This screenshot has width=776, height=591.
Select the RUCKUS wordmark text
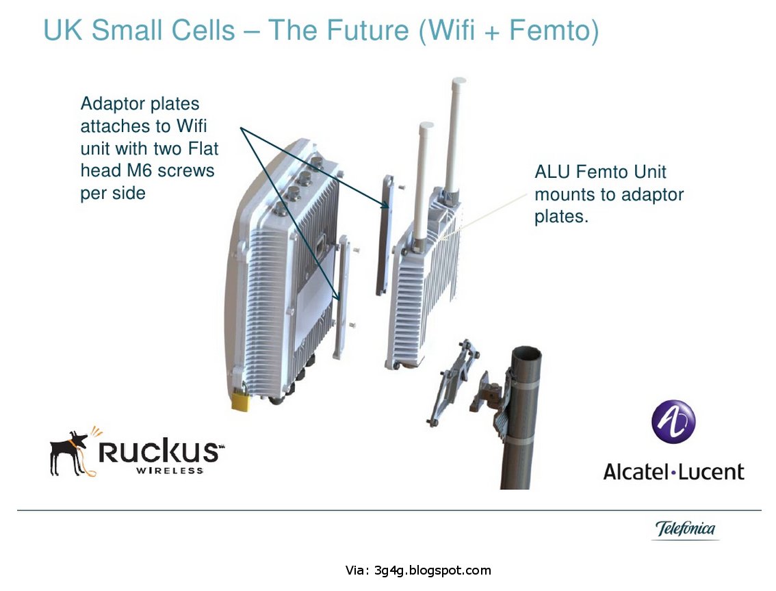160,452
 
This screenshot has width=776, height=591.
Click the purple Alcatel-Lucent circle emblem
673,422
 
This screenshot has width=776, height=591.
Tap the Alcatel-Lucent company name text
673,471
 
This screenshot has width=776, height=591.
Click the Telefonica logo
685,529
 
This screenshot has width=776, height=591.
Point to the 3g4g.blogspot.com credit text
432,570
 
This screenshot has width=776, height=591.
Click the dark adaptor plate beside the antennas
385,233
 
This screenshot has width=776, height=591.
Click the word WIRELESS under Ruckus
170,471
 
